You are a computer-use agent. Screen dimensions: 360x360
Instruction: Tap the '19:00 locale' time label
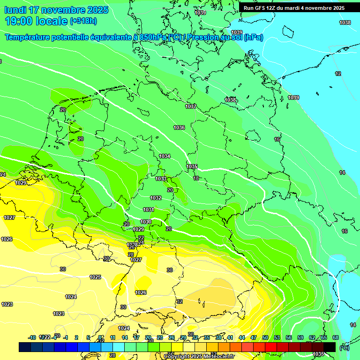pyautogui.click(x=36, y=21)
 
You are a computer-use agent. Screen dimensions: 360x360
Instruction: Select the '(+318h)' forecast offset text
pyautogui.click(x=83, y=21)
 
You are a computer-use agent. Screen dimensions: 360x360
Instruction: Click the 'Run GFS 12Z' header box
pyautogui.click(x=294, y=8)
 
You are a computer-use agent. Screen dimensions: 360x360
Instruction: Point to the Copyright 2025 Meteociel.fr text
pyautogui.click(x=198, y=356)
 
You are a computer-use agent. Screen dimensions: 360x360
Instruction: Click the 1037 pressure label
pyautogui.click(x=191, y=106)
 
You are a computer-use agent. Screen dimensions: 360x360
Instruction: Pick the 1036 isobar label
pyautogui.click(x=179, y=127)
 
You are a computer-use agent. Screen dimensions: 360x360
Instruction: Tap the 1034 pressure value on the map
pyautogui.click(x=165, y=156)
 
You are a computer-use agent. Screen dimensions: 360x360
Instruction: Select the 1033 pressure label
pyautogui.click(x=161, y=179)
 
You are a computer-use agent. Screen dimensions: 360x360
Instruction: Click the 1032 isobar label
pyautogui.click(x=156, y=198)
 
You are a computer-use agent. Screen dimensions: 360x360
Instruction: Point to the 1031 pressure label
pyautogui.click(x=149, y=210)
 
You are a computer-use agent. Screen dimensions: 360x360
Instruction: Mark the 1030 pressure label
pyautogui.click(x=146, y=222)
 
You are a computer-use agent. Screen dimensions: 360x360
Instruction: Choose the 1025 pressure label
pyautogui.click(x=95, y=277)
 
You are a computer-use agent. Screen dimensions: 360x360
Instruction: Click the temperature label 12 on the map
pyautogui.click(x=338, y=74)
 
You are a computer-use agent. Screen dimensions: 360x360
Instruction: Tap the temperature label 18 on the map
pyautogui.click(x=196, y=178)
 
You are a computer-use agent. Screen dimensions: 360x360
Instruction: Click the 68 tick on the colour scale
pyautogui.click(x=336, y=337)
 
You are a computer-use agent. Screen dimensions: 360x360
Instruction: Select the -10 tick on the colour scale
pyautogui.click(x=32, y=337)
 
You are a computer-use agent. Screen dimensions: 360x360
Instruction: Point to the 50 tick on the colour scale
pyautogui.click(x=265, y=337)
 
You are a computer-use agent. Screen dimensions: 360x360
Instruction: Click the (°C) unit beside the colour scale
pyautogui.click(x=345, y=348)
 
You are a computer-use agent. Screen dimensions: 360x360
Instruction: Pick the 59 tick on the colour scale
pyautogui.click(x=300, y=337)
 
